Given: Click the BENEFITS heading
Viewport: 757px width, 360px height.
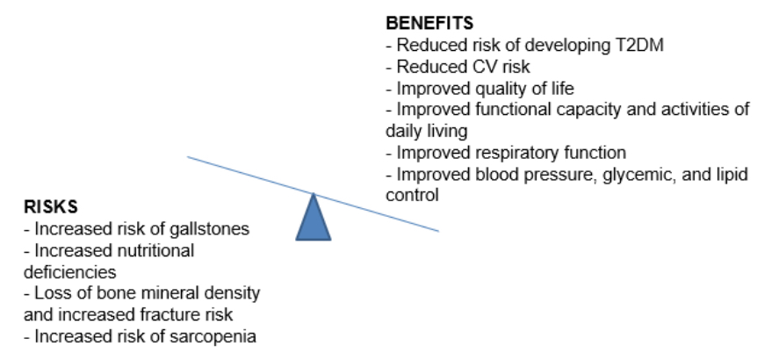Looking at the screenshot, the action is click(429, 23).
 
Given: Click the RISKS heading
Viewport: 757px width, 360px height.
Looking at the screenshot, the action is click(51, 206).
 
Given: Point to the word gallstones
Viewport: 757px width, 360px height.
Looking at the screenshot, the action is click(210, 229).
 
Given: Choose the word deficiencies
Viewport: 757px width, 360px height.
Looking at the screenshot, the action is click(70, 271).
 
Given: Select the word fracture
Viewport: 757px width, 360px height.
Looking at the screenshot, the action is click(166, 314).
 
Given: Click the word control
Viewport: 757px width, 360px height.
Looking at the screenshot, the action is click(412, 196).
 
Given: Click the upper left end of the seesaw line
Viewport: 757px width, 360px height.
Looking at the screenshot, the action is click(188, 157).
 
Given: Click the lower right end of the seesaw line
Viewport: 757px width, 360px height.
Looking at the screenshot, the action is click(439, 232).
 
